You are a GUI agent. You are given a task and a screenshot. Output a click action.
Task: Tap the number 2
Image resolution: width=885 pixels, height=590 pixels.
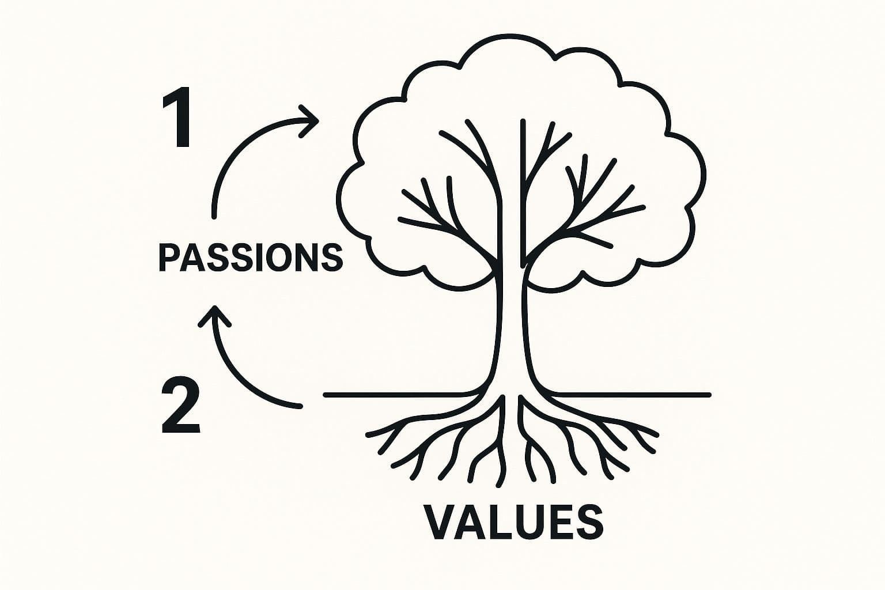(x=181, y=404)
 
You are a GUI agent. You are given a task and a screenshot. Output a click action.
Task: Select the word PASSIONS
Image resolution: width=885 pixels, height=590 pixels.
(x=251, y=257)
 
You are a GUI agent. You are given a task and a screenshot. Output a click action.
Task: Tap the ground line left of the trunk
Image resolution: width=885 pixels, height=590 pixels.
(x=403, y=395)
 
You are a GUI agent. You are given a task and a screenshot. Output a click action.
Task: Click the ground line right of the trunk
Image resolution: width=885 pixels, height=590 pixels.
(x=634, y=395)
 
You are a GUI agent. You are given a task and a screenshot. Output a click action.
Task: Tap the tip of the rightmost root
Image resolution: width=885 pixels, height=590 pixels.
(x=657, y=433)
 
